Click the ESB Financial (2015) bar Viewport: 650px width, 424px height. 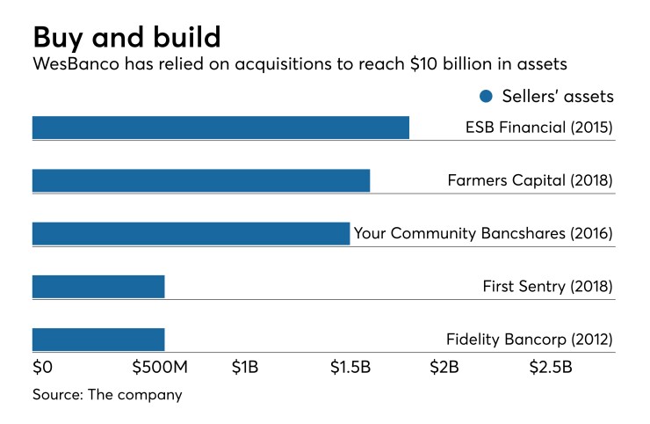[220, 128]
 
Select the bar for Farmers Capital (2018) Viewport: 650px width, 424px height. [201, 180]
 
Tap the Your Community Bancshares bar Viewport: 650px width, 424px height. [191, 233]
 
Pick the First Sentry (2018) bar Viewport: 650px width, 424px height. [98, 287]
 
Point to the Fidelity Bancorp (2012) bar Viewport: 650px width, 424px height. [98, 340]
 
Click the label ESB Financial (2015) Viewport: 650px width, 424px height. [538, 128]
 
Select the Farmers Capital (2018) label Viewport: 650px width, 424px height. [530, 181]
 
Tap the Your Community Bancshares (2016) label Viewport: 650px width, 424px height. [482, 234]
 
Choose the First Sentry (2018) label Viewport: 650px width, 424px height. [547, 287]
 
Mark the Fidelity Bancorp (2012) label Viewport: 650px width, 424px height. [529, 340]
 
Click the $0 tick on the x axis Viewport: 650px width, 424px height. [43, 367]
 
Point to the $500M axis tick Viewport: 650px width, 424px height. [157, 367]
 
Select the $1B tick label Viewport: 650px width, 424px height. [245, 367]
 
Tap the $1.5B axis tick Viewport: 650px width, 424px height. [350, 367]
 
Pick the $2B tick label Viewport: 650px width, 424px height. [444, 367]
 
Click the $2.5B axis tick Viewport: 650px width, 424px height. [550, 367]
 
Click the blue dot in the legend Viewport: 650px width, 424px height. [486, 96]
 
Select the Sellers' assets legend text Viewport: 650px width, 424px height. [557, 96]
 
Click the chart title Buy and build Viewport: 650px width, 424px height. [126, 37]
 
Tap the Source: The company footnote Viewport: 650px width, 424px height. [107, 394]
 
